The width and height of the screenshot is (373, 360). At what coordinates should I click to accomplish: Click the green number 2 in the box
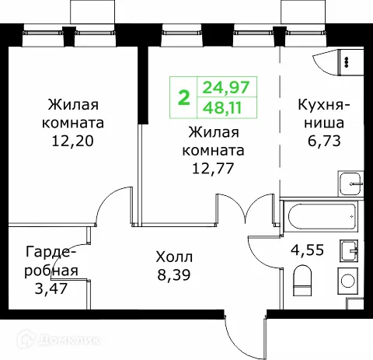click(184, 97)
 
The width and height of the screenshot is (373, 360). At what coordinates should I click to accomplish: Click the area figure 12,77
click(213, 165)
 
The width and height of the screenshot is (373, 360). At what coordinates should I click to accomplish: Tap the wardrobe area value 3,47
click(51, 290)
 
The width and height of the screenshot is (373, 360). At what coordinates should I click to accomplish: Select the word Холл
click(173, 256)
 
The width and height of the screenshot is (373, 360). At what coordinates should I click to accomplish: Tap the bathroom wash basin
click(348, 251)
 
